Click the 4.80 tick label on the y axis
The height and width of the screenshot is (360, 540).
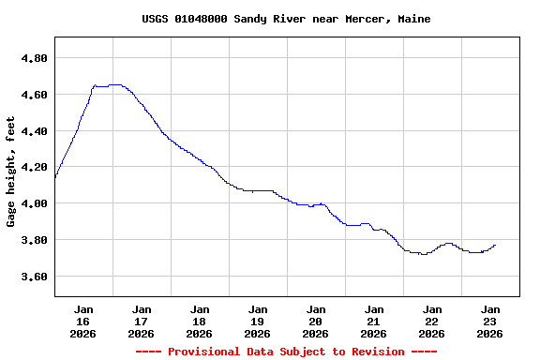click(33, 58)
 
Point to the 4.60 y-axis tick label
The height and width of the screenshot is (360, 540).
click(33, 95)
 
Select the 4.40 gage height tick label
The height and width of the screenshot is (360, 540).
click(33, 131)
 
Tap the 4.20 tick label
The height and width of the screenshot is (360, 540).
click(33, 167)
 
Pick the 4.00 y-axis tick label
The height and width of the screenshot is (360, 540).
click(33, 203)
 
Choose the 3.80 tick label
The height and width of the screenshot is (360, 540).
click(33, 240)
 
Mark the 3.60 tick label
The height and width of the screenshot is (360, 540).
click(33, 277)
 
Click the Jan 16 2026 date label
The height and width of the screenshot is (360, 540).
click(83, 321)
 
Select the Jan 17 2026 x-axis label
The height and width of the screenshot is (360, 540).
click(142, 321)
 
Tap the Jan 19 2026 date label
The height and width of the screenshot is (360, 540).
click(258, 321)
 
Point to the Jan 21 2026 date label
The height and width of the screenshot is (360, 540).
click(374, 321)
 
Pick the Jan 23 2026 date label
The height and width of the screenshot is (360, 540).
click(489, 321)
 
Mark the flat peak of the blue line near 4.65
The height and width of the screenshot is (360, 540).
click(113, 84)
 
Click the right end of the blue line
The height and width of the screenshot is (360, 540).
click(495, 245)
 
